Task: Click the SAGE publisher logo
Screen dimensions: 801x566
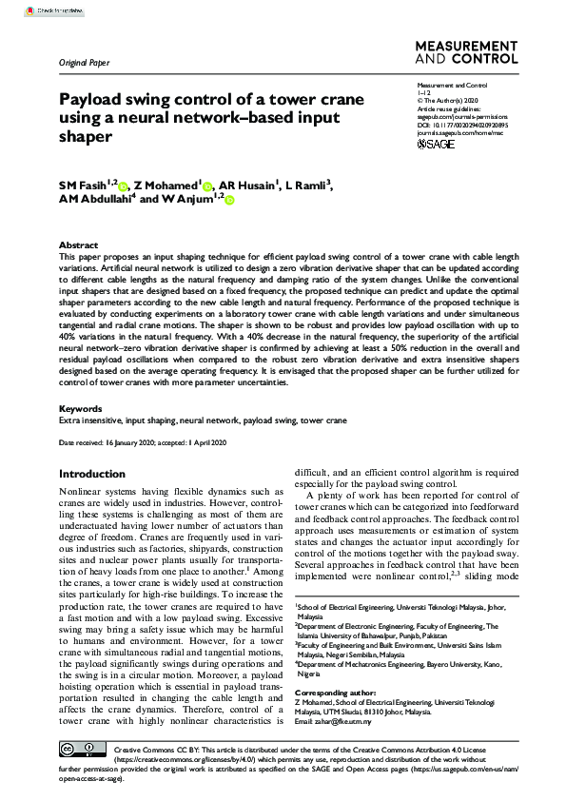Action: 437,144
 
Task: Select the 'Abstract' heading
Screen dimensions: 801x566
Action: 78,244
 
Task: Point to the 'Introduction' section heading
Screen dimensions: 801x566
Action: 91,474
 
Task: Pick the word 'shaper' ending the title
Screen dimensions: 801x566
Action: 86,136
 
